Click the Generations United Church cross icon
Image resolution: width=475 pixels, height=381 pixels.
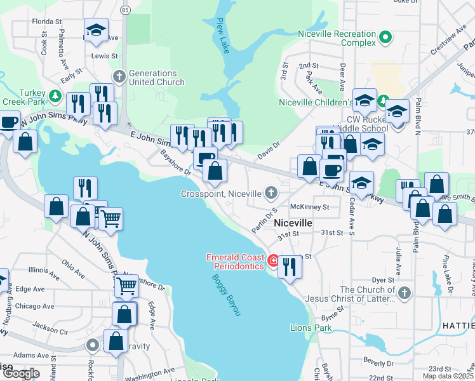click(119, 77)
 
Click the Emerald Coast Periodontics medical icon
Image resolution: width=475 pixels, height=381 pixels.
click(273, 260)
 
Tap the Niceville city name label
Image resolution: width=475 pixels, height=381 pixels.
click(293, 223)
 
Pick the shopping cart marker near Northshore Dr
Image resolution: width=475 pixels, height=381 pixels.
click(126, 287)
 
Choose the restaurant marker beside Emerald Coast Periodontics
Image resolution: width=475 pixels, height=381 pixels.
click(290, 266)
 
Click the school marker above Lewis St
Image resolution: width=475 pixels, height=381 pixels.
click(97, 30)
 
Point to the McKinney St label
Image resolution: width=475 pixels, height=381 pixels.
click(309, 207)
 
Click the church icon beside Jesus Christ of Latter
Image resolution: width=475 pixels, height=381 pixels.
click(405, 293)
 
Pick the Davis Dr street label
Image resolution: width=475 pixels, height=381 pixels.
click(269, 150)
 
